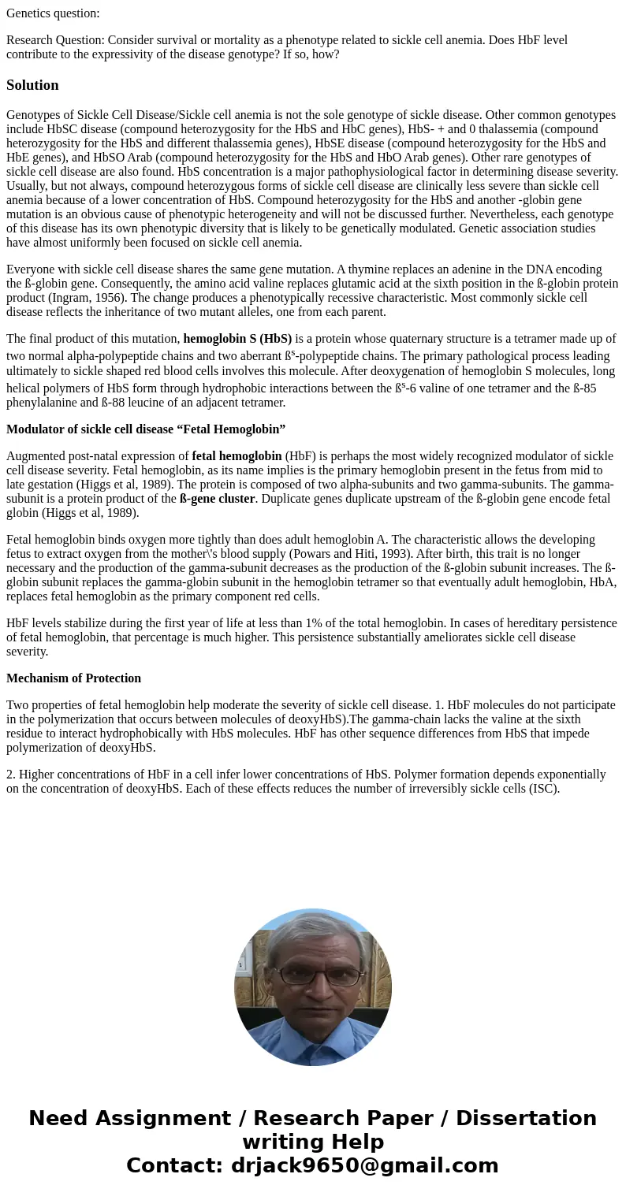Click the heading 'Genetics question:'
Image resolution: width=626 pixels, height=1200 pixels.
tap(53, 13)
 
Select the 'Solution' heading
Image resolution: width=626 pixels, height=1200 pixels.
tap(32, 85)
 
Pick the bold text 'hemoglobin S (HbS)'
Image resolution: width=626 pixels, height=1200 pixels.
tap(237, 339)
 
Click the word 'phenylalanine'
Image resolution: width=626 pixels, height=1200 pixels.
tap(43, 403)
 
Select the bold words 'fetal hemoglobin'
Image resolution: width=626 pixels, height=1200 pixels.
tap(237, 456)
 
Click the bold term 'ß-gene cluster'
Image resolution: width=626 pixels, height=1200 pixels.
tap(217, 499)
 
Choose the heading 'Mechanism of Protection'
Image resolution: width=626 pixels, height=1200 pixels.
tap(73, 678)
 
